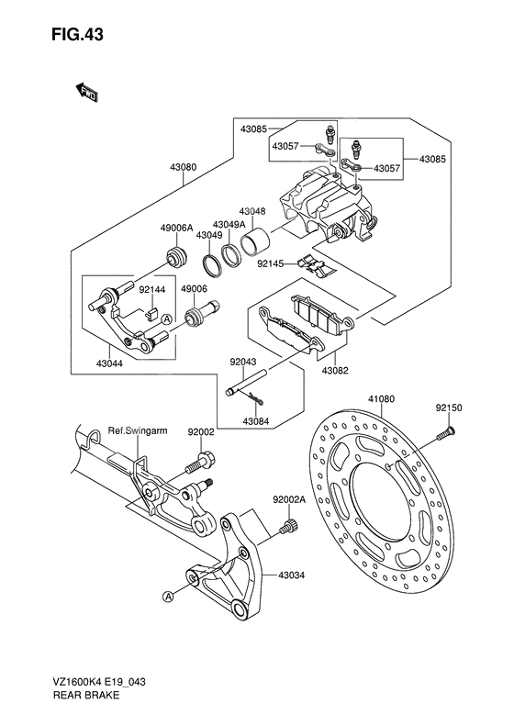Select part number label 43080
pyautogui.click(x=183, y=168)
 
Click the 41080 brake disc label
pyautogui.click(x=380, y=400)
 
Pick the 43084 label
pyautogui.click(x=256, y=421)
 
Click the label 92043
pyautogui.click(x=243, y=363)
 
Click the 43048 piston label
pyautogui.click(x=252, y=210)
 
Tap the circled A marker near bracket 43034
pyautogui.click(x=169, y=597)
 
